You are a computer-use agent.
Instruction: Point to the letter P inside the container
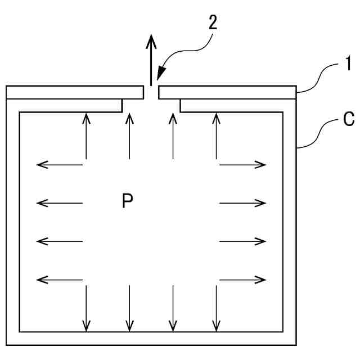point(128,201)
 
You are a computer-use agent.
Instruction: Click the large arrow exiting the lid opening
point(151,59)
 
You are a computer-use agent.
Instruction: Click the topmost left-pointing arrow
point(60,165)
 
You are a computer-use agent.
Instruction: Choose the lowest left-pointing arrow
point(60,278)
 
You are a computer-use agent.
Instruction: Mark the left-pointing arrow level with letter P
point(60,202)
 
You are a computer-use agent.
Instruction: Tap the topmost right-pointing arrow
point(242,165)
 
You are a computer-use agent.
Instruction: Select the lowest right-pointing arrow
point(242,278)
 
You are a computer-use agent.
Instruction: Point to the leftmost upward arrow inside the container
point(86,135)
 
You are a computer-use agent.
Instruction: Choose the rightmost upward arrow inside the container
point(216,135)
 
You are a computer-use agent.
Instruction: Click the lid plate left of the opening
point(73,92)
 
